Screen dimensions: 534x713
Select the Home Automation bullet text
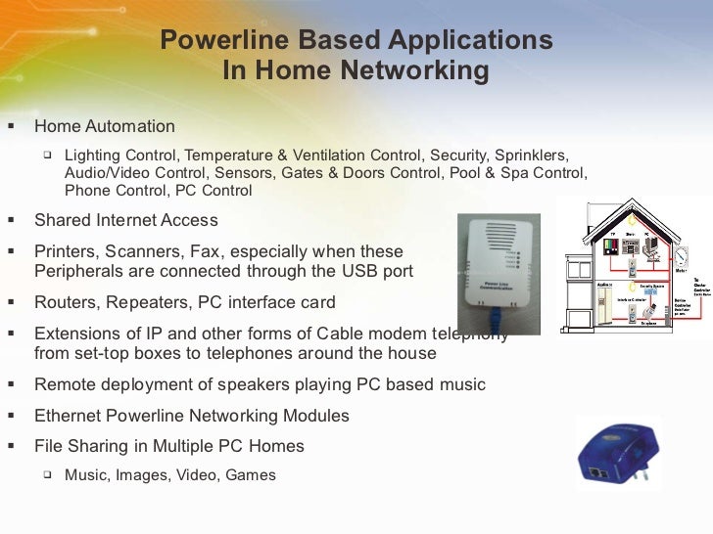(105, 126)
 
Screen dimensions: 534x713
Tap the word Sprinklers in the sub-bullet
(531, 156)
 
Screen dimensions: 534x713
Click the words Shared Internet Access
(126, 220)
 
